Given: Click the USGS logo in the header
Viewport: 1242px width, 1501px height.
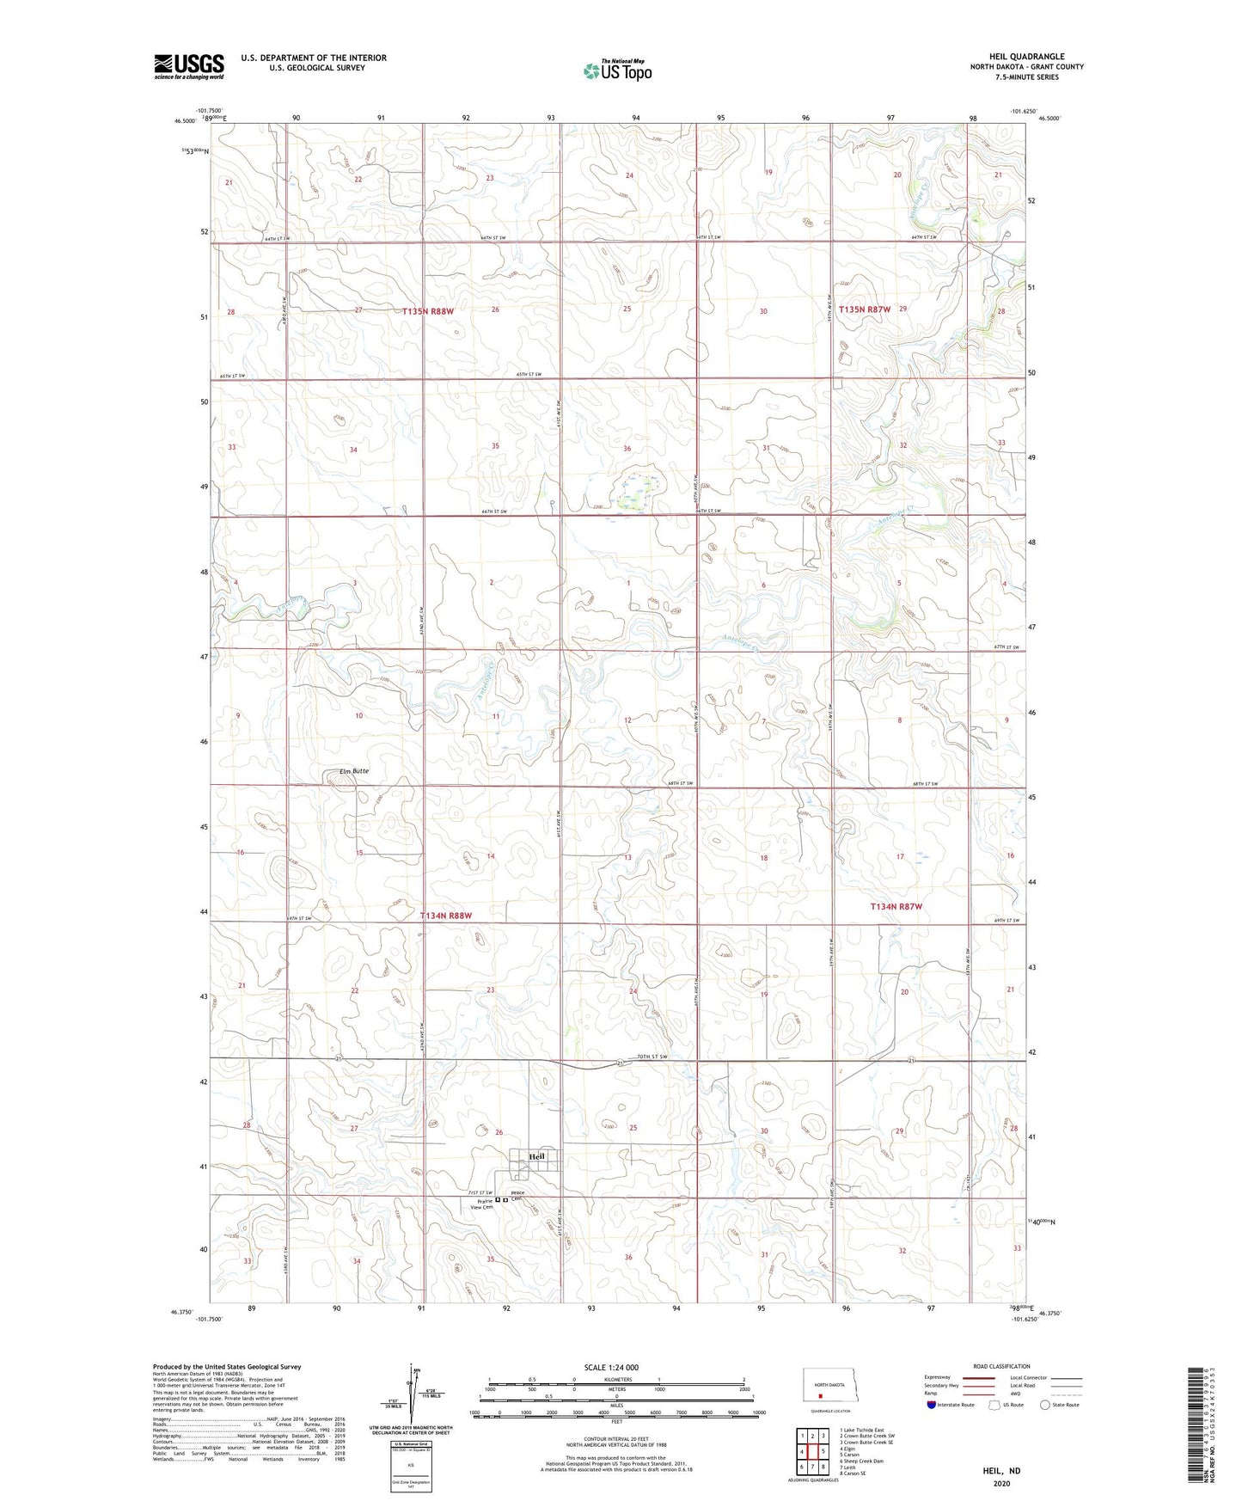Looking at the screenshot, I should point(189,66).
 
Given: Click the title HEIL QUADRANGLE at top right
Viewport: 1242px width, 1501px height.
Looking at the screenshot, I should point(1026,57).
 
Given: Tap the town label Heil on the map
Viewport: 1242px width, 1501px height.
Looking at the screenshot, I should point(537,1156).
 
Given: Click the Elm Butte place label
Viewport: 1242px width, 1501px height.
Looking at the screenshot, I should point(354,771).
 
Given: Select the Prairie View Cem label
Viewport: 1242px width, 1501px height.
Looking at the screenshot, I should point(481,1204).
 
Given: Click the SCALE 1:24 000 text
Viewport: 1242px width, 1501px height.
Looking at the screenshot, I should point(611,1367).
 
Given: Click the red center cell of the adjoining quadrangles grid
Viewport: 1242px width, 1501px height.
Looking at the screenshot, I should point(812,1452).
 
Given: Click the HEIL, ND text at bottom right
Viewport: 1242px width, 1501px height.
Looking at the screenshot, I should point(1001,1471).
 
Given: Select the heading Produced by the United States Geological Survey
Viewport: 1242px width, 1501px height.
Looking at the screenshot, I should point(227,1366).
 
